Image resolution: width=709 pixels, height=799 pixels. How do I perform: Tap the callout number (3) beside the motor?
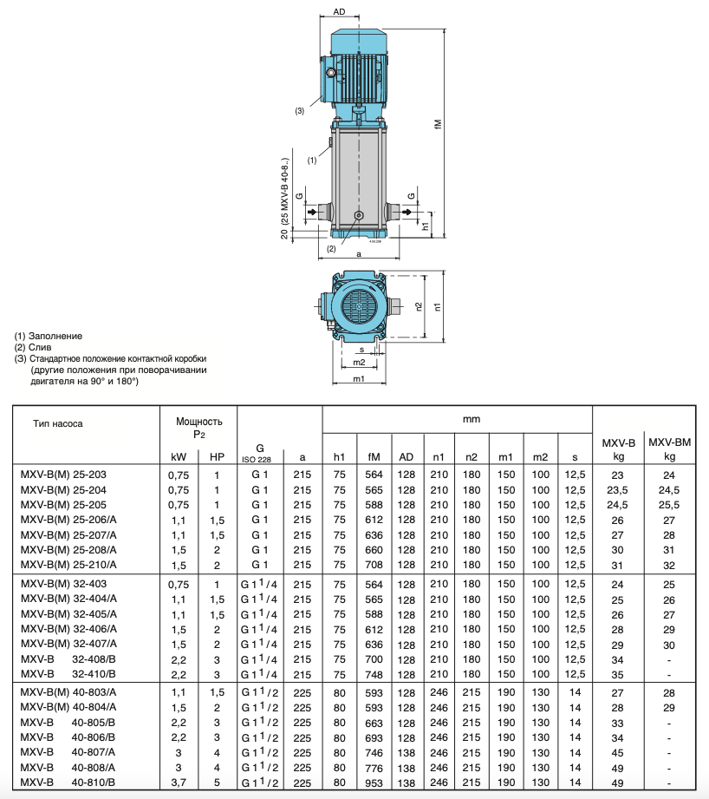tap(299, 111)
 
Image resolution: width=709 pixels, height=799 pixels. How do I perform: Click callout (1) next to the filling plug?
tap(312, 160)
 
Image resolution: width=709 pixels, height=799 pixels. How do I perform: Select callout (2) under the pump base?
tap(330, 249)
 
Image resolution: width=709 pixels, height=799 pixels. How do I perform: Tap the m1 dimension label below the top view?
tap(357, 379)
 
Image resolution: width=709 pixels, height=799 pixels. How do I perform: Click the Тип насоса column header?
tap(59, 424)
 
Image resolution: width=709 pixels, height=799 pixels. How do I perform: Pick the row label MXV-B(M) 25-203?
tap(68, 475)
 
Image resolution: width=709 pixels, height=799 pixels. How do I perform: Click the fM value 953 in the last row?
tap(374, 783)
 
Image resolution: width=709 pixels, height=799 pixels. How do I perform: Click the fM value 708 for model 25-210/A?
tap(374, 566)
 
